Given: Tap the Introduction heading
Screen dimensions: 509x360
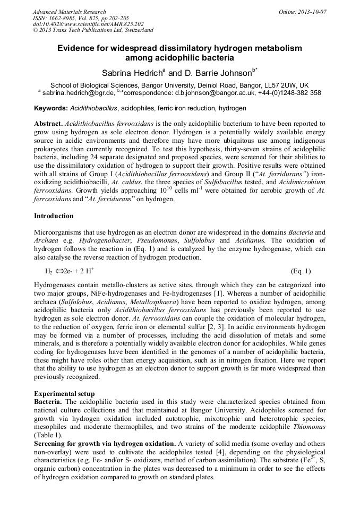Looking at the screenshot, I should pyautogui.click(x=54, y=216).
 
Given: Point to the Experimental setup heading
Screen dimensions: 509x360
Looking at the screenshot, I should pyautogui.click(x=64, y=394).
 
